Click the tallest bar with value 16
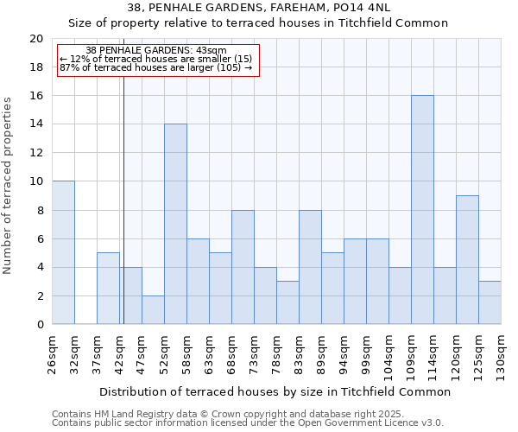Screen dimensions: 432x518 pyautogui.click(x=422, y=210)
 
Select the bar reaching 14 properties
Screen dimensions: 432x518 pyautogui.click(x=175, y=225)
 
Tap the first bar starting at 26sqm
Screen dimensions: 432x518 pyautogui.click(x=63, y=253)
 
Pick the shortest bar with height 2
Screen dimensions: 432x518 pyautogui.click(x=153, y=310)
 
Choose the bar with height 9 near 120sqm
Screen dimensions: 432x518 pyautogui.click(x=467, y=260)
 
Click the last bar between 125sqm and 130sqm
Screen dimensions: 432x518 pyautogui.click(x=490, y=302)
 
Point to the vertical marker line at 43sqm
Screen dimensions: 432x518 pyautogui.click(x=123, y=199)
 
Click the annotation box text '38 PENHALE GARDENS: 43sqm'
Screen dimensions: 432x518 pyautogui.click(x=156, y=51)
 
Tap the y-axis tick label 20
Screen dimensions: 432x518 pyautogui.click(x=35, y=39)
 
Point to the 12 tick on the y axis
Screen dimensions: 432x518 pyautogui.click(x=35, y=153)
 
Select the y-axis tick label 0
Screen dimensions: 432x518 pyautogui.click(x=40, y=325)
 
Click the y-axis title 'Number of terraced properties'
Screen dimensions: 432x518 pyautogui.click(x=8, y=185)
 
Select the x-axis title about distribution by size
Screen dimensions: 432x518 pyautogui.click(x=275, y=391)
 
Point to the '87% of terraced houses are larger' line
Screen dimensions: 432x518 pyautogui.click(x=155, y=67)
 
